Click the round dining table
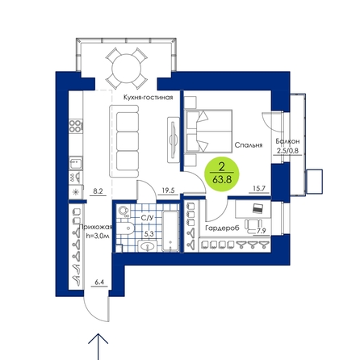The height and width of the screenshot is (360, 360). point(127,69)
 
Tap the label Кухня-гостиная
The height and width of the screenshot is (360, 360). point(148,98)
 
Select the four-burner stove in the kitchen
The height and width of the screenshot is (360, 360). point(76,126)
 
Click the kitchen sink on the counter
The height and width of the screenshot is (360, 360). point(76,163)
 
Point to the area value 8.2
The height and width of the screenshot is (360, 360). point(98,191)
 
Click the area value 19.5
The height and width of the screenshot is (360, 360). point(168,190)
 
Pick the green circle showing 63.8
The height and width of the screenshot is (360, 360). point(222,174)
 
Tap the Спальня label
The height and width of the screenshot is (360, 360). point(249,145)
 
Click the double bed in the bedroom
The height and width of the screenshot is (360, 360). point(208,132)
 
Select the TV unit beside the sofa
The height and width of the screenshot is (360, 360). point(174,140)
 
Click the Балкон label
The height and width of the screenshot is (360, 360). point(287,141)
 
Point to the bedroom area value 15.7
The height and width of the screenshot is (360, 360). point(259,189)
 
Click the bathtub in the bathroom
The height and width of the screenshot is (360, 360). point(170,231)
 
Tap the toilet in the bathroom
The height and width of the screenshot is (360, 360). point(126,228)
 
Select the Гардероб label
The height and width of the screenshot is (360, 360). point(222,228)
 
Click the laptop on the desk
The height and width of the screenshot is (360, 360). point(257,208)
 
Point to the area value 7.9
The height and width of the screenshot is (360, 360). point(262,231)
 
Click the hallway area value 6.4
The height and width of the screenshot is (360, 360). point(99,283)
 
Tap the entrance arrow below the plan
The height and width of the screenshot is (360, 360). point(98,346)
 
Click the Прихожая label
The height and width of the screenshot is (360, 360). point(96,228)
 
